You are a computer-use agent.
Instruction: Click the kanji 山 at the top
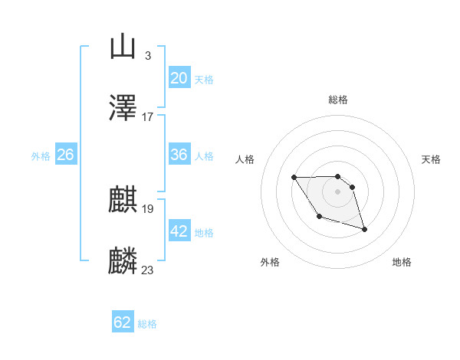pos(123,47)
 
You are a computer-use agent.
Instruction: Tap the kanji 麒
pos(123,200)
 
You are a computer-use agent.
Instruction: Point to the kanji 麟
pos(123,261)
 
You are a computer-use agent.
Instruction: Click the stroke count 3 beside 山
pos(147,55)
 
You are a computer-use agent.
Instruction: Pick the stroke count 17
pos(148,116)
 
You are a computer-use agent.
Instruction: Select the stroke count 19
pos(148,208)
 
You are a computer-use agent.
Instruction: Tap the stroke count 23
pos(148,270)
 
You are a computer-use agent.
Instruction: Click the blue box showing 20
pos(179,78)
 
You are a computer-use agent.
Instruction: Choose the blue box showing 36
pos(179,155)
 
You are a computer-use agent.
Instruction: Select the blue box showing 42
pos(179,231)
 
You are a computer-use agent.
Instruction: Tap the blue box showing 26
pos(65,155)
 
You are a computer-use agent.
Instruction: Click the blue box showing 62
pos(123,322)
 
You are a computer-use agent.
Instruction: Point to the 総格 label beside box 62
pos(147,324)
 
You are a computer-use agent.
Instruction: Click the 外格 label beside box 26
pos(41,156)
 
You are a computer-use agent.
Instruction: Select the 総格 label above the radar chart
pos(338,100)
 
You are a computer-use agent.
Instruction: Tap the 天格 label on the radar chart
pos(432,159)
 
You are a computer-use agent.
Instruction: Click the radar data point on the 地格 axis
pos(364,229)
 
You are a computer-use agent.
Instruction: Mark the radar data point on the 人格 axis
pos(294,178)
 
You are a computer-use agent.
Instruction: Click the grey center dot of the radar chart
pos(337,191)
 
